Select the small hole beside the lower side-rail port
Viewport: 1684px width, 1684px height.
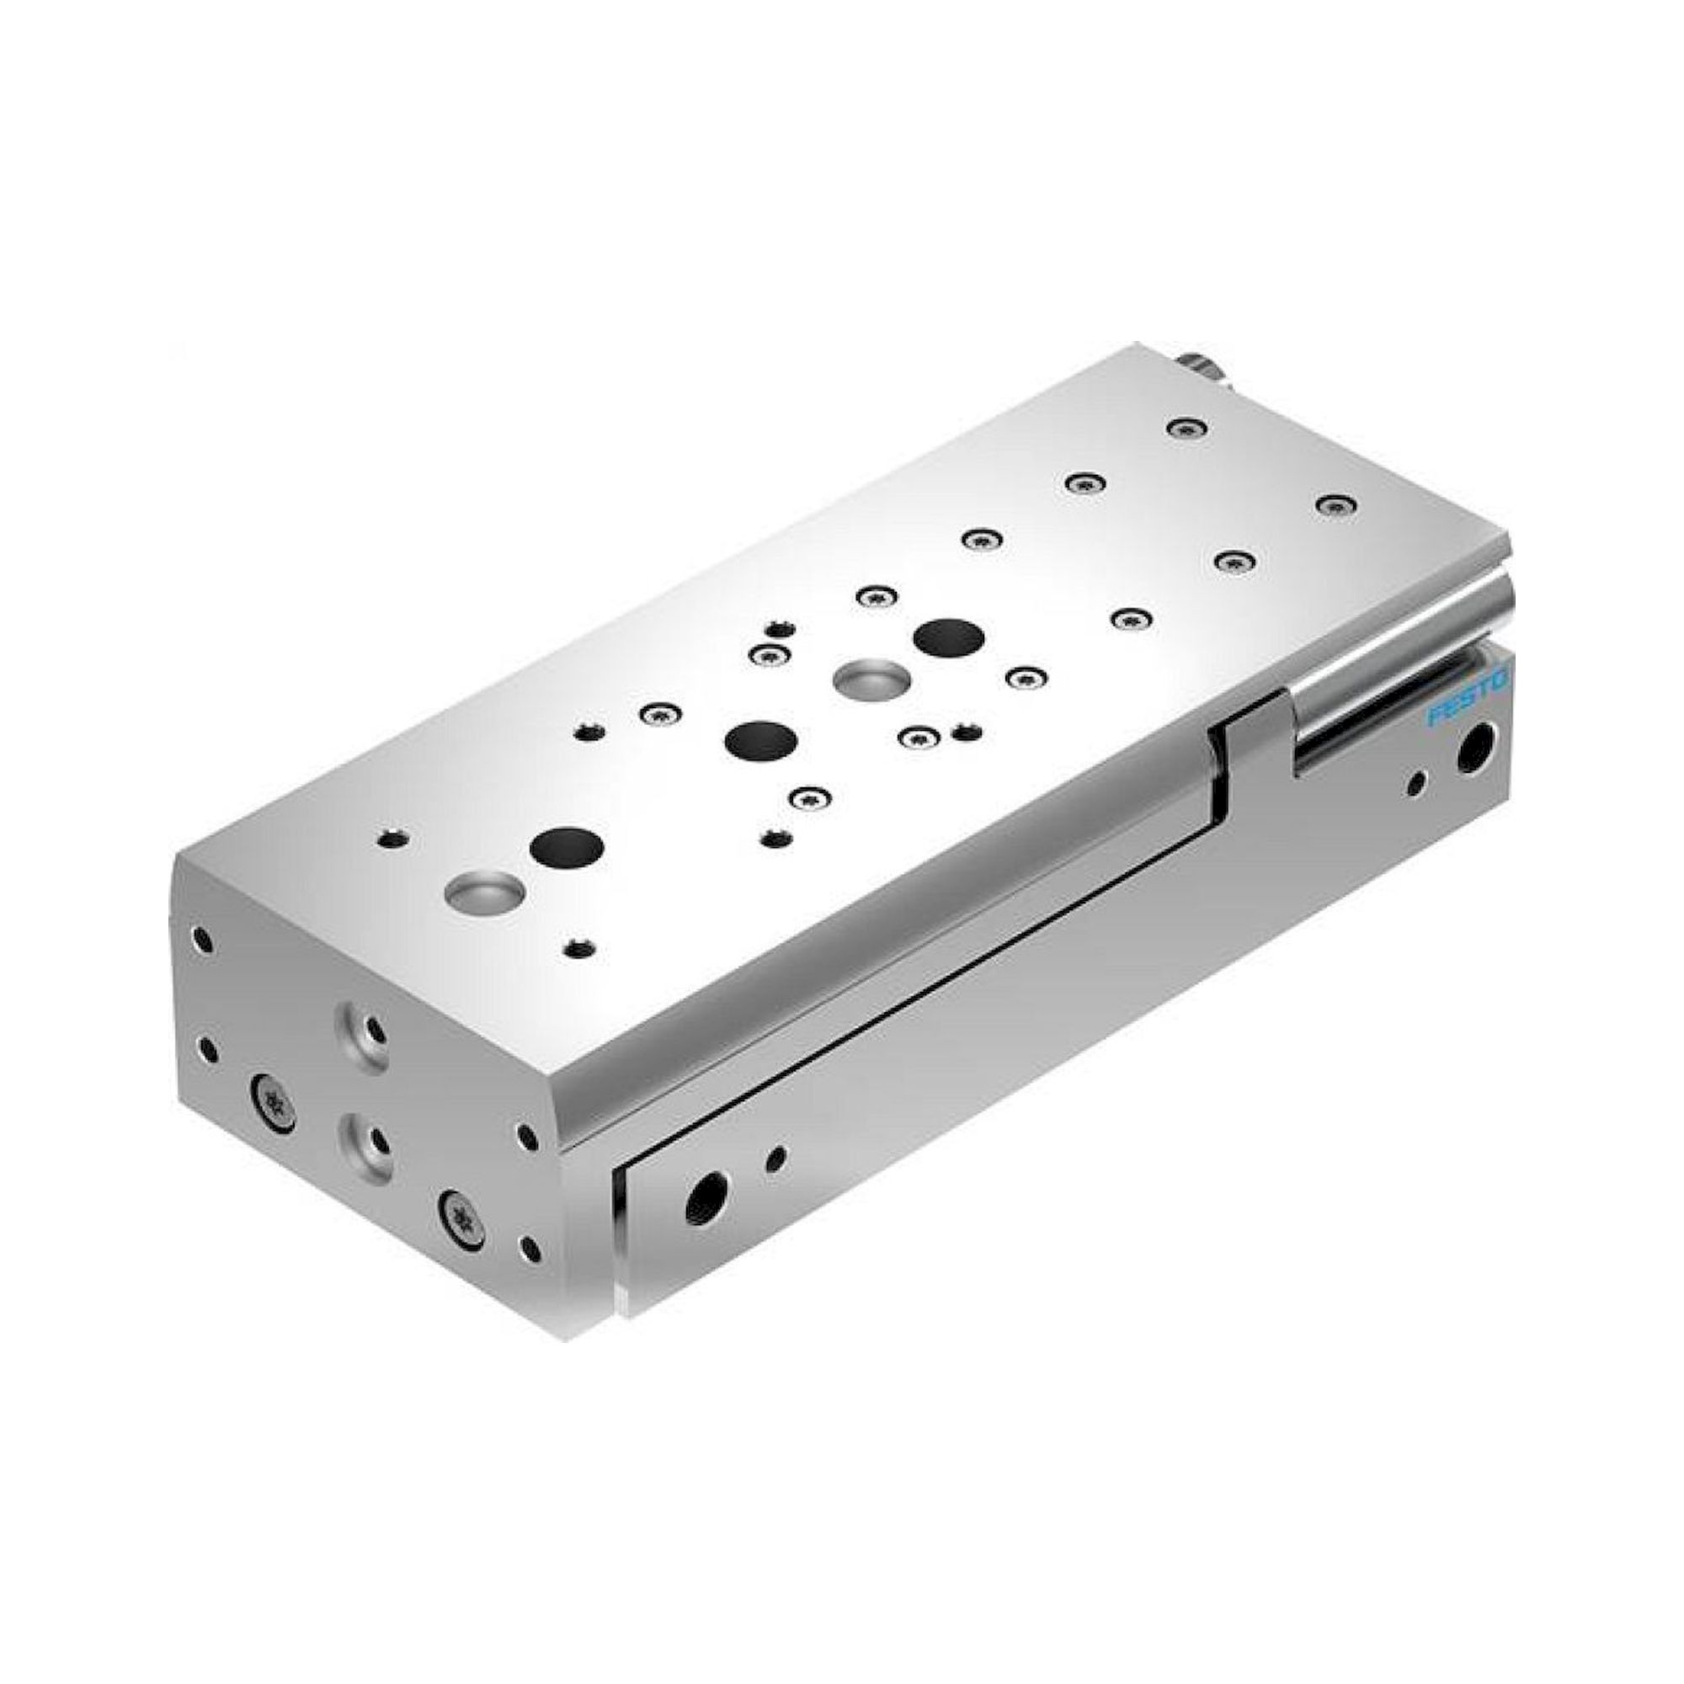(775, 1158)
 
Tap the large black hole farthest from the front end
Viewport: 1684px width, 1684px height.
(948, 638)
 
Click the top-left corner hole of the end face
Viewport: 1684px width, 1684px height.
(202, 941)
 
